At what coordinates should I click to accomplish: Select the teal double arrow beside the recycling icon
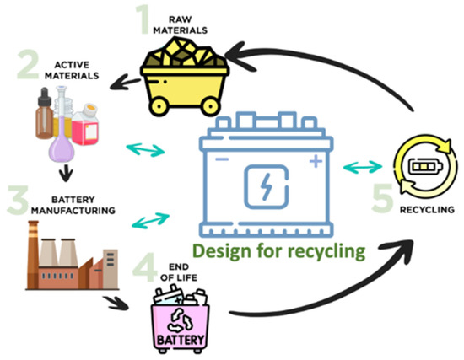[x=360, y=165]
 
